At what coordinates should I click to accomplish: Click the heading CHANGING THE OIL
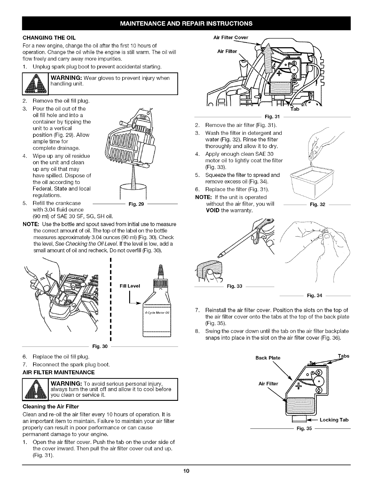coord(49,38)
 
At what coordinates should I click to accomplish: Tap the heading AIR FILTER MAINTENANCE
coord(59,372)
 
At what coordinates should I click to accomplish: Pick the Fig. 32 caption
coord(317,205)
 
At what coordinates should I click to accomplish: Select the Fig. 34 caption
coord(314,295)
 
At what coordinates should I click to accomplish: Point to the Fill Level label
coord(130,286)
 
